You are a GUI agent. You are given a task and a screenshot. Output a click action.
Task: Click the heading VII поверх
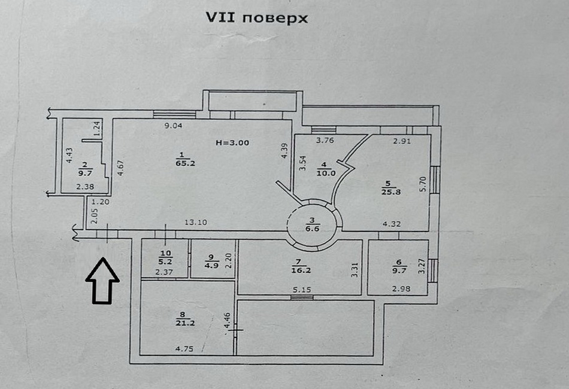tap(257, 18)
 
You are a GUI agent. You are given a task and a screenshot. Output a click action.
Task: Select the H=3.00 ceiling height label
tap(232, 142)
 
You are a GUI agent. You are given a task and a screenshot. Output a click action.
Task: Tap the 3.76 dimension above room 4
tap(324, 141)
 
